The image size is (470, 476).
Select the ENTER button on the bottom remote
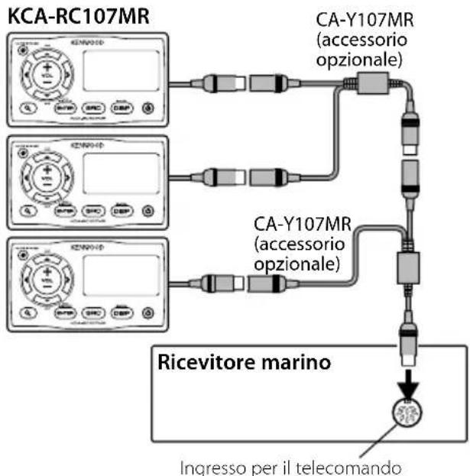64,312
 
